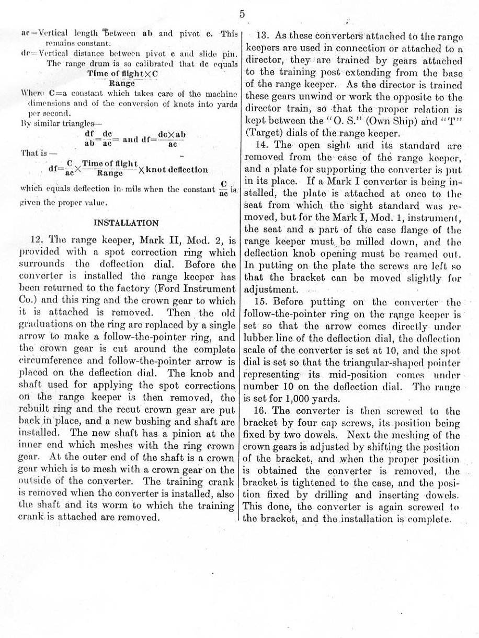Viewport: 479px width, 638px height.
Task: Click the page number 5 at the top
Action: (x=242, y=14)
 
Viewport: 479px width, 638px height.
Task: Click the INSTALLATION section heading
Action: (x=126, y=223)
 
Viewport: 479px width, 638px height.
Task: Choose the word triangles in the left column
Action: (x=65, y=125)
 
